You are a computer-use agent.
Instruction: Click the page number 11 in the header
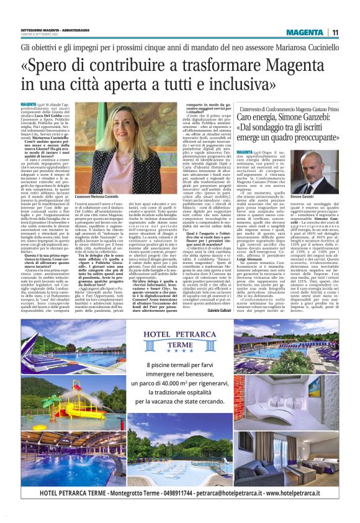[335, 32]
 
